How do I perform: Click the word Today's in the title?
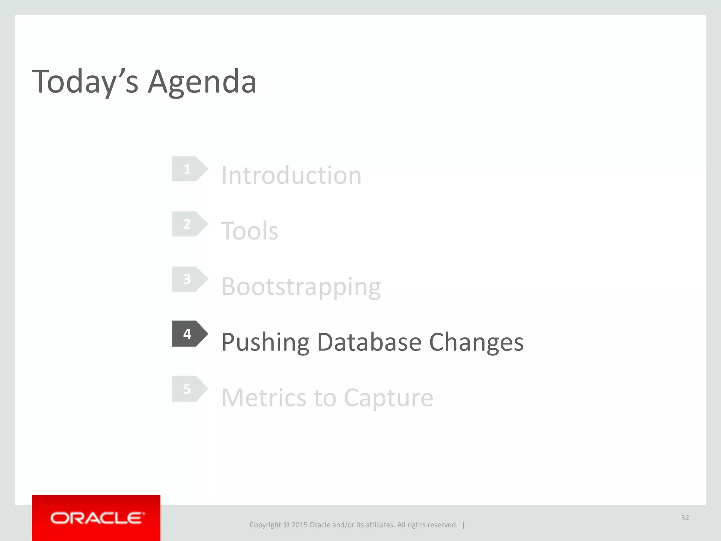85,82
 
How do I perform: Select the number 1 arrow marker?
189,169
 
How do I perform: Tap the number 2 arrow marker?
189,224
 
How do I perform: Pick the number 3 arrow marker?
189,279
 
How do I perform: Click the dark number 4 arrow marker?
189,334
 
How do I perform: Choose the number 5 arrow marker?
189,389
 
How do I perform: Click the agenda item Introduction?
291,175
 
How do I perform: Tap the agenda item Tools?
249,231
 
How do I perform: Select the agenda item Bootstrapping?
301,287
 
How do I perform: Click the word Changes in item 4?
476,342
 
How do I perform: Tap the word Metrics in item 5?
264,398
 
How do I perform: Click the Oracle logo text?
97,518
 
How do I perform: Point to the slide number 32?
685,517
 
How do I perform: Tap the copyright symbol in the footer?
286,525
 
